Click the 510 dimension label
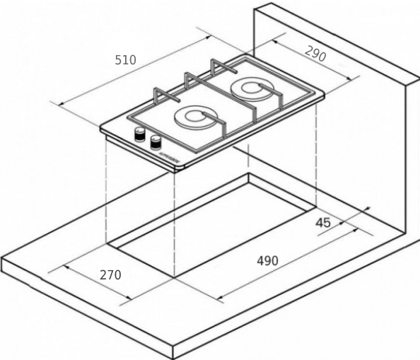(125, 59)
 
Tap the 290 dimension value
(315, 54)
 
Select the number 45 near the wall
(323, 223)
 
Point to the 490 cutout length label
(267, 260)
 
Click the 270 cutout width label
(110, 275)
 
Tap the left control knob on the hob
(139, 134)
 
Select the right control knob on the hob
(156, 142)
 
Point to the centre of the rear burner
(252, 88)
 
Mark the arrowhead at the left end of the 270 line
(66, 267)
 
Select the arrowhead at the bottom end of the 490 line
(220, 297)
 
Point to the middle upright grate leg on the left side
(187, 81)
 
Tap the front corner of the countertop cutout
(175, 278)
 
